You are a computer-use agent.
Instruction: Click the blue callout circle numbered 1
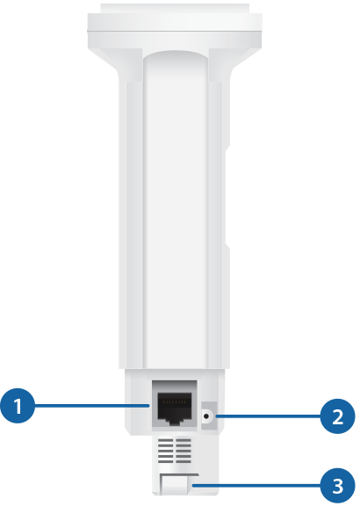(x=18, y=406)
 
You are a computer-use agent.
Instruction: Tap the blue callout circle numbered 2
(x=338, y=416)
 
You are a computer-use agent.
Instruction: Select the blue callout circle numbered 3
(x=338, y=486)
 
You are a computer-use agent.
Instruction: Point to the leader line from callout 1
(x=92, y=406)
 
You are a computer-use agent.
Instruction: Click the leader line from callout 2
(x=269, y=416)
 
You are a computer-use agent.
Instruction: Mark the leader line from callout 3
(x=256, y=485)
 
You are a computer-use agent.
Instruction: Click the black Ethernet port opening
(x=175, y=408)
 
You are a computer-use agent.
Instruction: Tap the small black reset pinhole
(x=206, y=416)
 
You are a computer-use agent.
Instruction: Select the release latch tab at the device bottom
(x=174, y=484)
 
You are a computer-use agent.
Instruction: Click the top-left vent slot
(x=165, y=440)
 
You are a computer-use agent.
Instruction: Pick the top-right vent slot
(x=184, y=440)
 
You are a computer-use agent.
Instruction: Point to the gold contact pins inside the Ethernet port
(x=175, y=402)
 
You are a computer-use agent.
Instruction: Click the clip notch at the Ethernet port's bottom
(x=175, y=422)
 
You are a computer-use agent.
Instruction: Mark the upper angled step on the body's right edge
(x=227, y=148)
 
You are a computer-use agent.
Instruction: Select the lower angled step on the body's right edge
(x=227, y=246)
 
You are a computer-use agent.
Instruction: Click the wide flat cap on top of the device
(x=175, y=25)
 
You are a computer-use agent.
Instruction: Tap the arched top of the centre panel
(x=175, y=55)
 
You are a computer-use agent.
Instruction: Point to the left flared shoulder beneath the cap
(x=116, y=64)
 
